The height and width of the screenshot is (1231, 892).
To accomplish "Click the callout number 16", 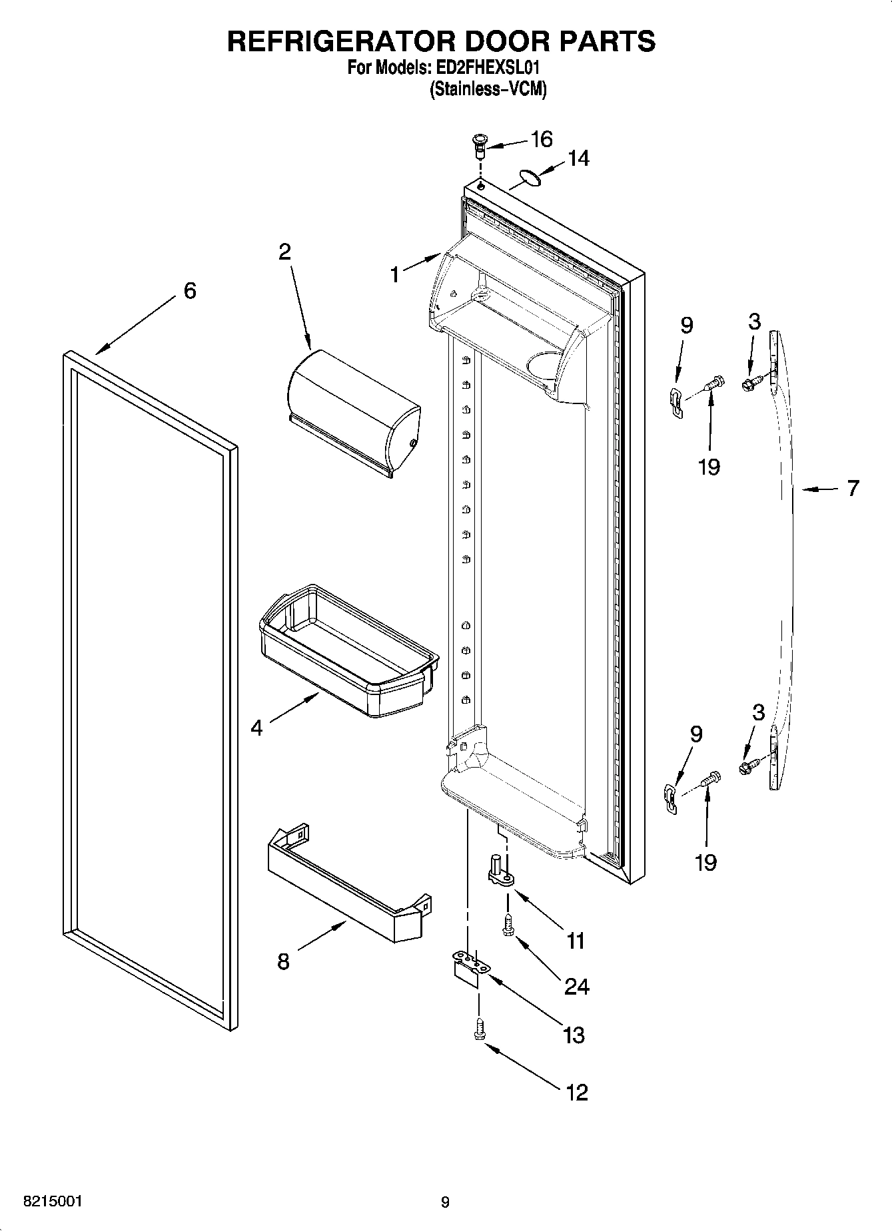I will coord(542,139).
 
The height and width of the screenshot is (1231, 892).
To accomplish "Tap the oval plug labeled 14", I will coord(528,176).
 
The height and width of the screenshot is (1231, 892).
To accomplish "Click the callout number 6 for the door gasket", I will coord(190,291).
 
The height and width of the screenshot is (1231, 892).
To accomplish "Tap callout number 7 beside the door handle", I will coord(853,489).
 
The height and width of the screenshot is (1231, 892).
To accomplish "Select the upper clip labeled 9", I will coord(675,402).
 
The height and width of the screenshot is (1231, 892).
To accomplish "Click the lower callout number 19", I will coord(705,862).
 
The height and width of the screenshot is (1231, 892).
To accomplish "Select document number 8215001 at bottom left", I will coord(53,1202).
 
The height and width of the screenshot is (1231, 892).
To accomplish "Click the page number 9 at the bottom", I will coord(445,1202).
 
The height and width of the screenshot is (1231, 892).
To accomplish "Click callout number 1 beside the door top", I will coord(394,274).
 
